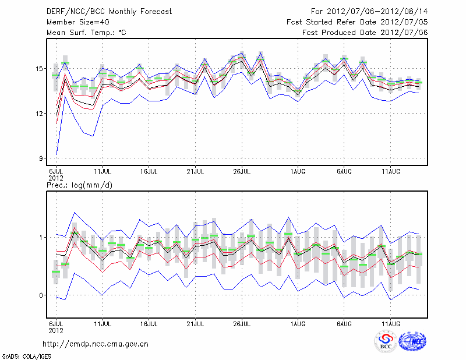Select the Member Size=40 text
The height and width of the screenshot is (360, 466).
73,22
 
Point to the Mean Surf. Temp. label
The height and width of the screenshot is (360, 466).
86,32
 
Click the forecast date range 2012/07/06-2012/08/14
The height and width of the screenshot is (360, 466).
370,11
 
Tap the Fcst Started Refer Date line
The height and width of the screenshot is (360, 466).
357,22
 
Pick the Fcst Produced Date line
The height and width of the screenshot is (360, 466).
365,32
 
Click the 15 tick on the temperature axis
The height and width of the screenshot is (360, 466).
40,69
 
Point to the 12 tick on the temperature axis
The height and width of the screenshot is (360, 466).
40,114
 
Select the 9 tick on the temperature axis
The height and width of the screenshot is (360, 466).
41,158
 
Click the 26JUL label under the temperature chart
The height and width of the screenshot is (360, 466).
242,172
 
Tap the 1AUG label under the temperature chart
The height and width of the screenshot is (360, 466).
298,172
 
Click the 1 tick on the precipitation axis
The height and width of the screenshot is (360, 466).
41,238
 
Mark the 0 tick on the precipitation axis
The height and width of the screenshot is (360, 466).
41,295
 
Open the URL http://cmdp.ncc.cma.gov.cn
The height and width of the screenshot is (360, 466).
96,344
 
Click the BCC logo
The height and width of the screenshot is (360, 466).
386,341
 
